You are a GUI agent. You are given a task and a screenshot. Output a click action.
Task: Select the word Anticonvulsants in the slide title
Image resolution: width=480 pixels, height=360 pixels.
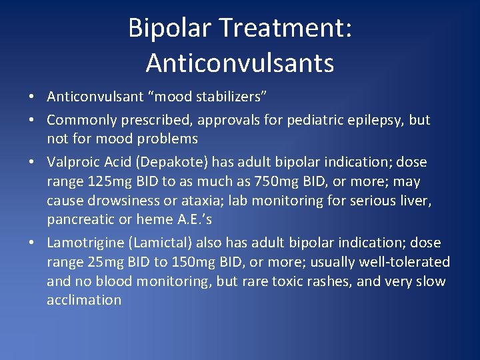(240, 63)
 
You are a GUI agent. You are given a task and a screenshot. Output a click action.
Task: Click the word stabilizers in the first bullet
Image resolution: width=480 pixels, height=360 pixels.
(231, 97)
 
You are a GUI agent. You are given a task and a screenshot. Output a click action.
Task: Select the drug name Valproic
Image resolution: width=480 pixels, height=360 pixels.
(73, 162)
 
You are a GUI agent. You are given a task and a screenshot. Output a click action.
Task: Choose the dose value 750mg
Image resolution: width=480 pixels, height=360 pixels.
(280, 181)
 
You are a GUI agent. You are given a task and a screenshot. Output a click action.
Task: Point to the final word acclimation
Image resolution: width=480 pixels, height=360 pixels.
(84, 300)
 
